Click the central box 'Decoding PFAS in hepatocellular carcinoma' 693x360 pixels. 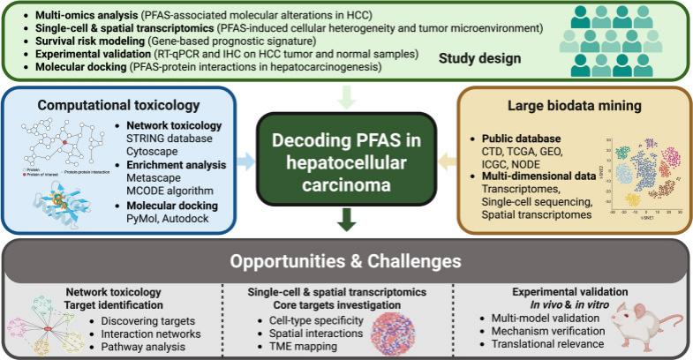pyautogui.click(x=347, y=160)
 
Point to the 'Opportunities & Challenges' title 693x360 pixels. pyautogui.click(x=347, y=261)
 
